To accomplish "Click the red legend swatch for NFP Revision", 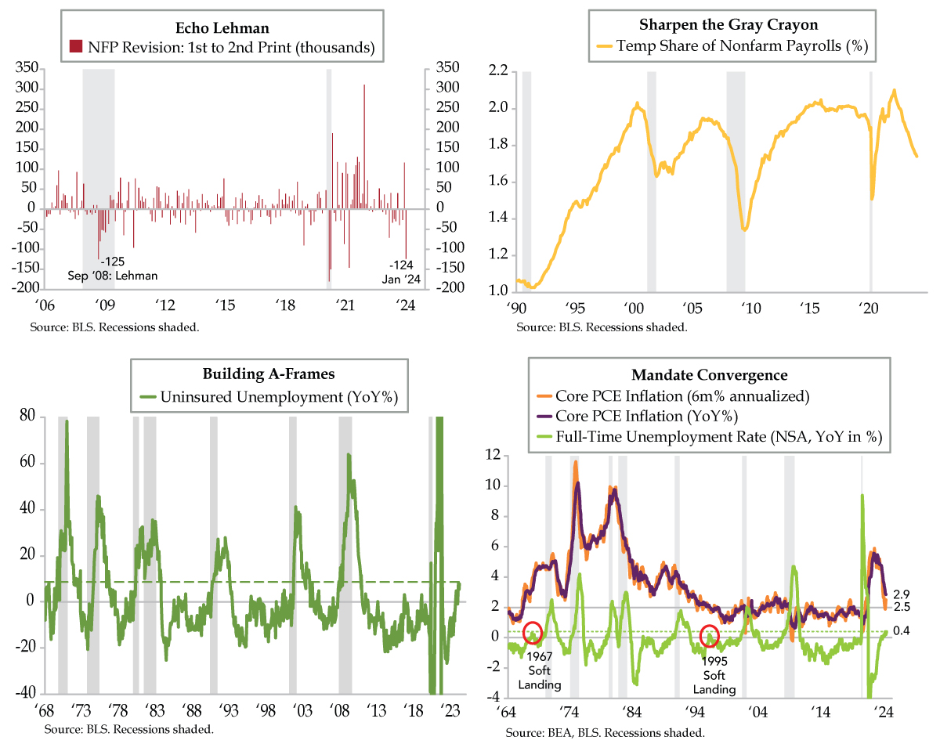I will click(75, 47).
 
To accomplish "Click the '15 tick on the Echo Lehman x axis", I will click(225, 305).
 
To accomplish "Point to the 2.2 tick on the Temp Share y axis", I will click(499, 72).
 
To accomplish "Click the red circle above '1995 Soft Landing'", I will click(709, 634).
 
